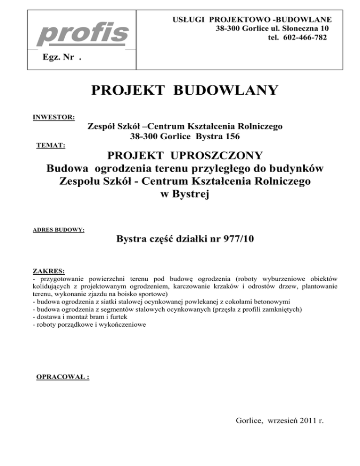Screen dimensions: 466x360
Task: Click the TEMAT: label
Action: pyautogui.click(x=51, y=146)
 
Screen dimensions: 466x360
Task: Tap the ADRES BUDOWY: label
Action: pyautogui.click(x=59, y=230)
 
